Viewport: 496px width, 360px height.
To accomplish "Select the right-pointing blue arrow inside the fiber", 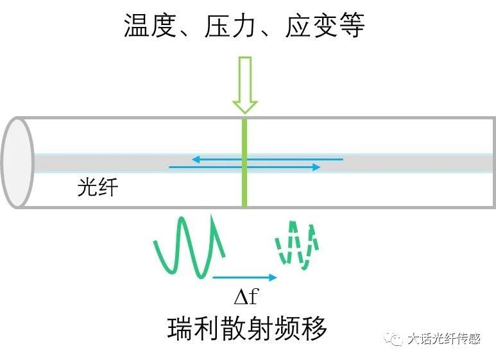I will coord(244,167).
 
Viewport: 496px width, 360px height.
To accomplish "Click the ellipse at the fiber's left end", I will coord(17,162).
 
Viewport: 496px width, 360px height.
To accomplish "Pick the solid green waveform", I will coord(189,247).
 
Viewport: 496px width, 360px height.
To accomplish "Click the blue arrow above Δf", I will coord(244,277).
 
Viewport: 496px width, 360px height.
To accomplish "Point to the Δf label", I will coord(246,297).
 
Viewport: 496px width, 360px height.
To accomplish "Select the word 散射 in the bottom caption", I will coord(246,329).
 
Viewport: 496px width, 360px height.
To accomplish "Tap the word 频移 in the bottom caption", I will coord(301,329).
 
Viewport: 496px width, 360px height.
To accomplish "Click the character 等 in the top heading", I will coord(352,27).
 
